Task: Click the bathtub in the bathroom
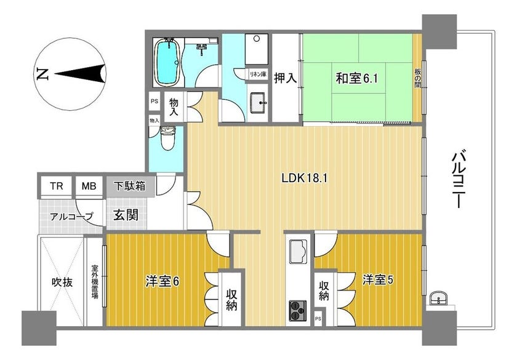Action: click(x=168, y=63)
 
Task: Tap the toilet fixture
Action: click(x=167, y=138)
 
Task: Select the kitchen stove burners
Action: click(x=298, y=311)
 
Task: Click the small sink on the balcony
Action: click(x=438, y=298)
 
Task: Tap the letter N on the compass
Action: click(x=42, y=74)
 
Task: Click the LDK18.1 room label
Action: click(x=304, y=178)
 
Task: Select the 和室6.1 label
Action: click(x=356, y=79)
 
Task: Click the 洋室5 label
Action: click(x=377, y=280)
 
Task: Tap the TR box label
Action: click(x=57, y=186)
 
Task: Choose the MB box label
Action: click(x=89, y=186)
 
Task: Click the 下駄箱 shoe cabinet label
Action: click(x=130, y=186)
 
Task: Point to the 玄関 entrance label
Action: click(x=126, y=215)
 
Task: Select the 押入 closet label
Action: click(x=285, y=78)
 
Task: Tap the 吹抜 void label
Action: click(x=62, y=282)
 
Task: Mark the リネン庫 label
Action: click(x=258, y=74)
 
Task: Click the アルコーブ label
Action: click(x=71, y=217)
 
